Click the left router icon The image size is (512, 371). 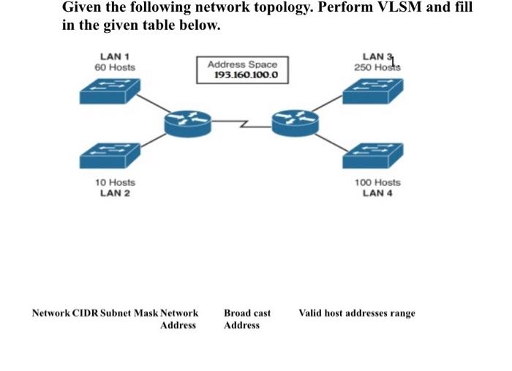click(187, 123)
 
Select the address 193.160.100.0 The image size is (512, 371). click(242, 75)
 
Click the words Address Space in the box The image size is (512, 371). click(242, 64)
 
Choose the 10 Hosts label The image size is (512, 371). click(115, 182)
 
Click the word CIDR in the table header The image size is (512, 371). click(83, 313)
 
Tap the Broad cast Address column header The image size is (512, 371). click(246, 319)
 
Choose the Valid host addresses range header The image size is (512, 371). click(356, 313)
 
